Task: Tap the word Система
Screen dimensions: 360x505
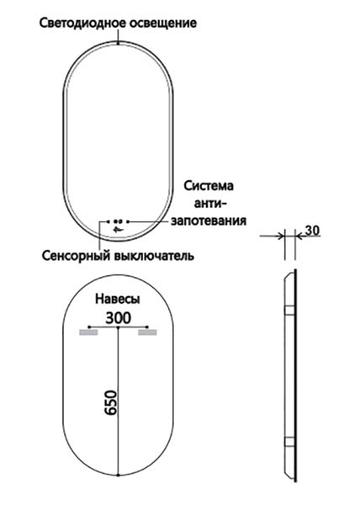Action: click(x=209, y=186)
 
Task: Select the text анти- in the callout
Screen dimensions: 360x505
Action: click(x=210, y=204)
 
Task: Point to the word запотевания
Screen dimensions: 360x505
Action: click(x=209, y=221)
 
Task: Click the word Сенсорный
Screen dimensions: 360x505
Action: click(x=77, y=256)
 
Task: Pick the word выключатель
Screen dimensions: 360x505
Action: click(x=154, y=256)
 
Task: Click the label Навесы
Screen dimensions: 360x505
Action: click(x=118, y=299)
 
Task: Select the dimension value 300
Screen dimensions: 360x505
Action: click(x=119, y=318)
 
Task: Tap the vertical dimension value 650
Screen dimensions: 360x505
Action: click(x=111, y=402)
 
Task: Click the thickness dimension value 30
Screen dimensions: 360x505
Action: click(x=312, y=231)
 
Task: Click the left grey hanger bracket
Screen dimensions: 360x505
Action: click(x=88, y=332)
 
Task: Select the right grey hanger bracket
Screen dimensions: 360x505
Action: click(x=147, y=332)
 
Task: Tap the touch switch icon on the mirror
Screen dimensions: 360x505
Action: click(x=119, y=229)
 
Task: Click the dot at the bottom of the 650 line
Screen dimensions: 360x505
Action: click(x=119, y=475)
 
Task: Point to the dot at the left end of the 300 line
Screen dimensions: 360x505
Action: click(x=89, y=327)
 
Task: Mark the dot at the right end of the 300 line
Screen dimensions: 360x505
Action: click(x=147, y=327)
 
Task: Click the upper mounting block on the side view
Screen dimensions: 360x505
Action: click(x=289, y=310)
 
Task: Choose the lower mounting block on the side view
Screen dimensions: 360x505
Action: click(x=289, y=442)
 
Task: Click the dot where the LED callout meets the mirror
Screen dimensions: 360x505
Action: click(x=119, y=43)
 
